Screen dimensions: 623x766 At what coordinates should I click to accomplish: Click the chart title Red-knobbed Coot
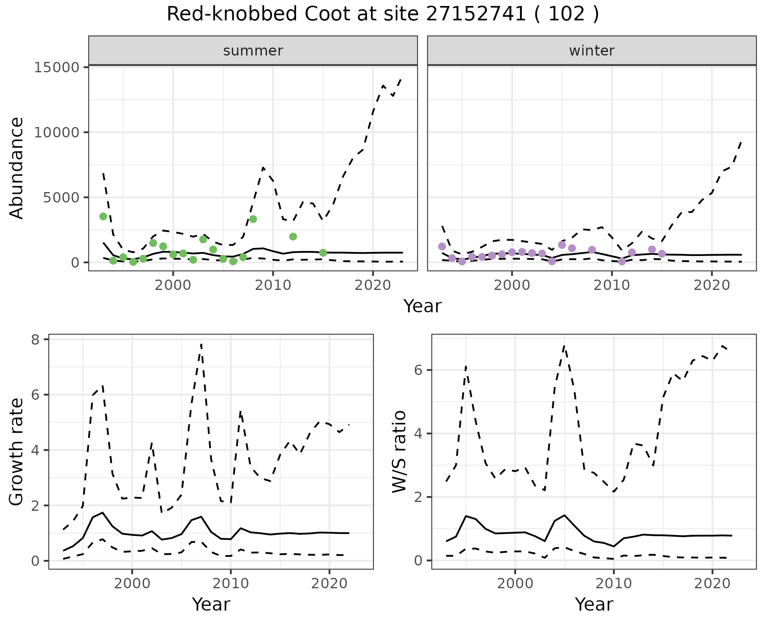pyautogui.click(x=383, y=14)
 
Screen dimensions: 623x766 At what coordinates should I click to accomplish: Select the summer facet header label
pyautogui.click(x=253, y=51)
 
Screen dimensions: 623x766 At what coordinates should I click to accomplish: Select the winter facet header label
pyautogui.click(x=592, y=51)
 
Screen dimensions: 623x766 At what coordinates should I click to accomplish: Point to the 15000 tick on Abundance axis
pyautogui.click(x=57, y=67)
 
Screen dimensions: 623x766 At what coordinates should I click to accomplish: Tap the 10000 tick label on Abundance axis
pyautogui.click(x=57, y=132)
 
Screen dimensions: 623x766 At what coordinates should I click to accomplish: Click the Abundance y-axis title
pyautogui.click(x=17, y=168)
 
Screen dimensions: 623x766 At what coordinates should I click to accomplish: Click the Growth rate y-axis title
pyautogui.click(x=17, y=452)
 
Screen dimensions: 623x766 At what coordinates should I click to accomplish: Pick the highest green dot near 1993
pyautogui.click(x=103, y=216)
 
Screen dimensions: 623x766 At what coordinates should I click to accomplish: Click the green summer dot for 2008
pyautogui.click(x=253, y=219)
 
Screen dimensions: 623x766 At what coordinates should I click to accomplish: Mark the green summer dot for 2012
pyautogui.click(x=293, y=236)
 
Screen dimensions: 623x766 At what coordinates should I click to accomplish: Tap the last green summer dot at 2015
pyautogui.click(x=323, y=253)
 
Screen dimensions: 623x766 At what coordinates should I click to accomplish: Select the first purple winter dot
pyautogui.click(x=442, y=246)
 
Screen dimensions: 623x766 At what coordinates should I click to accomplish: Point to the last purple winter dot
pyautogui.click(x=662, y=254)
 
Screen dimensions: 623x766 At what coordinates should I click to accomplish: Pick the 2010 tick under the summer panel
pyautogui.click(x=273, y=285)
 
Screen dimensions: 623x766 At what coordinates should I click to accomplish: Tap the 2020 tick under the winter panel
pyautogui.click(x=712, y=285)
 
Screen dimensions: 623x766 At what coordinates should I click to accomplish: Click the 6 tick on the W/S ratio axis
pyautogui.click(x=418, y=370)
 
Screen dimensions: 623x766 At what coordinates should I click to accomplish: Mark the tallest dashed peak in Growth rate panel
pyautogui.click(x=201, y=344)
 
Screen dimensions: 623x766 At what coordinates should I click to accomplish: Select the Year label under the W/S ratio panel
pyautogui.click(x=594, y=605)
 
